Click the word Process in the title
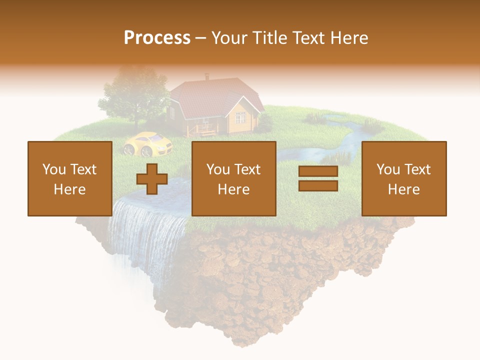pyautogui.click(x=157, y=38)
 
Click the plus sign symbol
pyautogui.click(x=152, y=179)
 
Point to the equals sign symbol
pyautogui.click(x=318, y=179)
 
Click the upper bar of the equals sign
pyautogui.click(x=318, y=171)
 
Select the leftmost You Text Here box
pyautogui.click(x=69, y=178)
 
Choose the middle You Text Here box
pyautogui.click(x=234, y=178)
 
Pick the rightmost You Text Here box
pyautogui.click(x=404, y=178)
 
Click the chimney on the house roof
pyautogui.click(x=206, y=77)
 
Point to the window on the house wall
pyautogui.click(x=240, y=117)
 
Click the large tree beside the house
pyautogui.click(x=134, y=95)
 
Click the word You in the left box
pyautogui.click(x=54, y=169)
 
